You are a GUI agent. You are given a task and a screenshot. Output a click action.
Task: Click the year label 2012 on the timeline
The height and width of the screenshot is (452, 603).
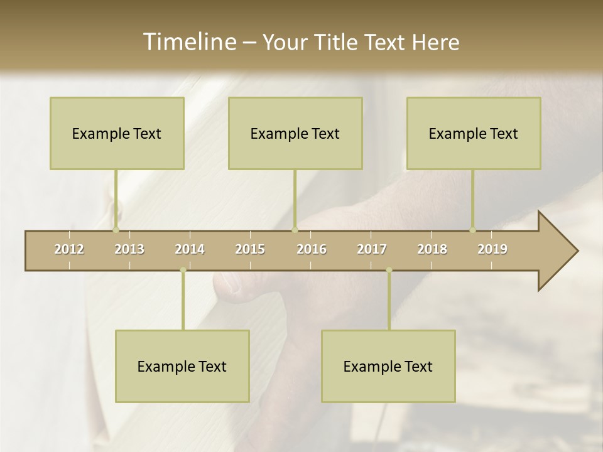tap(69, 249)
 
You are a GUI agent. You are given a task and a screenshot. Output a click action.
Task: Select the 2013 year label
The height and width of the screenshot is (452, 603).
tap(129, 249)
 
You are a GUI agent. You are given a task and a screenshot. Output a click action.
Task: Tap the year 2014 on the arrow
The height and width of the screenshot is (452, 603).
tap(190, 249)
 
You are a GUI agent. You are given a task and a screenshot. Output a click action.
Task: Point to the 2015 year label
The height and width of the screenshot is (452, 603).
tap(250, 249)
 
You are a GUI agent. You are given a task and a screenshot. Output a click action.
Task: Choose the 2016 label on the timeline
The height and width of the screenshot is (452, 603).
tap(312, 249)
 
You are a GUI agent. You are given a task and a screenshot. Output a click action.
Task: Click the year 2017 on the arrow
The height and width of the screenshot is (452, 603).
tap(372, 249)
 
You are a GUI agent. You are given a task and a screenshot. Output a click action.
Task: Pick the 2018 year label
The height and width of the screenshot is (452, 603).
tap(432, 249)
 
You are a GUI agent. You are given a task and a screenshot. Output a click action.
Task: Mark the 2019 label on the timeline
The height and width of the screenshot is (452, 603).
tap(492, 249)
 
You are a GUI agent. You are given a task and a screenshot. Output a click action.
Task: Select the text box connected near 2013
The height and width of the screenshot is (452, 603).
tap(117, 133)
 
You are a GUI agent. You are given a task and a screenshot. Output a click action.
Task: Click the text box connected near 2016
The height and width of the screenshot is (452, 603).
tap(295, 133)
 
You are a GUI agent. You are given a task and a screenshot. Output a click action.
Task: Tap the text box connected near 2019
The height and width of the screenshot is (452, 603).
tap(474, 133)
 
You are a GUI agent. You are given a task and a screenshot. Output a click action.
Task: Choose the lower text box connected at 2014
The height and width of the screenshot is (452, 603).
tap(182, 366)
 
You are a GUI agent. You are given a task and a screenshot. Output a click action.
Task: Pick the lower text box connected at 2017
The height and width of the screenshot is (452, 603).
tap(388, 366)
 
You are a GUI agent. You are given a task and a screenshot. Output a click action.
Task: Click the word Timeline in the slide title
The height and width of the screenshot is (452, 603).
tap(189, 42)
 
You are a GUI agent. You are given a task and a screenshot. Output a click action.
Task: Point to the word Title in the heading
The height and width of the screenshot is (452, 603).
tap(337, 42)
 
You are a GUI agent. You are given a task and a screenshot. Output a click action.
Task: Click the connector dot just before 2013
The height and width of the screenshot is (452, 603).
tap(116, 230)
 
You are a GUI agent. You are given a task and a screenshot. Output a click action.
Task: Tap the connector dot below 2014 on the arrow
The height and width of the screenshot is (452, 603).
tap(183, 270)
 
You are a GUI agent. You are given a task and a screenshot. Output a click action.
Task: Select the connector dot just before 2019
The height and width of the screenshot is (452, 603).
tap(472, 230)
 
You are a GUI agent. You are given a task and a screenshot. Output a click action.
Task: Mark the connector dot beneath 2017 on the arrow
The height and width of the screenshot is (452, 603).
tap(389, 270)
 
